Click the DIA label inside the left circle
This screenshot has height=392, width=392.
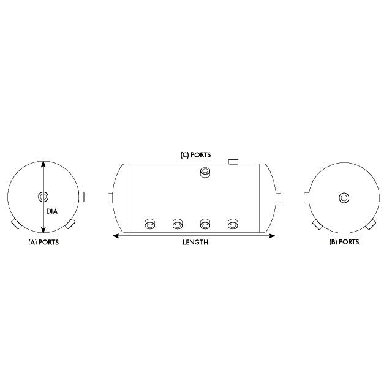tap(51, 211)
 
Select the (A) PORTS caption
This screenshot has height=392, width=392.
tap(43, 242)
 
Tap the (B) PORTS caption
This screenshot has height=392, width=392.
tap(344, 242)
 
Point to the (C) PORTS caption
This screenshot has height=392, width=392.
tap(195, 155)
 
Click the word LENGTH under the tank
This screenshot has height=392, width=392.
tap(195, 242)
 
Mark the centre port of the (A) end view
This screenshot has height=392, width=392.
tap(43, 197)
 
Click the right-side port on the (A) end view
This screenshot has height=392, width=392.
tap(82, 197)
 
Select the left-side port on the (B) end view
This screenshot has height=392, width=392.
tap(307, 197)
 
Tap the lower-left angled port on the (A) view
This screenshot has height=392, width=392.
tap(15, 224)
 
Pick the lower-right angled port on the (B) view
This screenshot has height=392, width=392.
tap(371, 224)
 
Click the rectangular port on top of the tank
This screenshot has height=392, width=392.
tap(233, 162)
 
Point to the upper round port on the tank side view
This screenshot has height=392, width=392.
tap(205, 174)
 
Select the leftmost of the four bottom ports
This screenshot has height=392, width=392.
tap(149, 224)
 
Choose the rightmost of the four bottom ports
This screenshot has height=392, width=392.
tap(233, 224)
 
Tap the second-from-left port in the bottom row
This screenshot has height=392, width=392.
tap(178, 224)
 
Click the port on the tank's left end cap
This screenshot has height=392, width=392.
tap(110, 198)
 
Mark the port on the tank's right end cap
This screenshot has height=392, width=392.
tap(278, 198)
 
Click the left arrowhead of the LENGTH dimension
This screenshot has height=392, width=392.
tap(113, 235)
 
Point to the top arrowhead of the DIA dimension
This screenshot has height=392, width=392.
tap(43, 163)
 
